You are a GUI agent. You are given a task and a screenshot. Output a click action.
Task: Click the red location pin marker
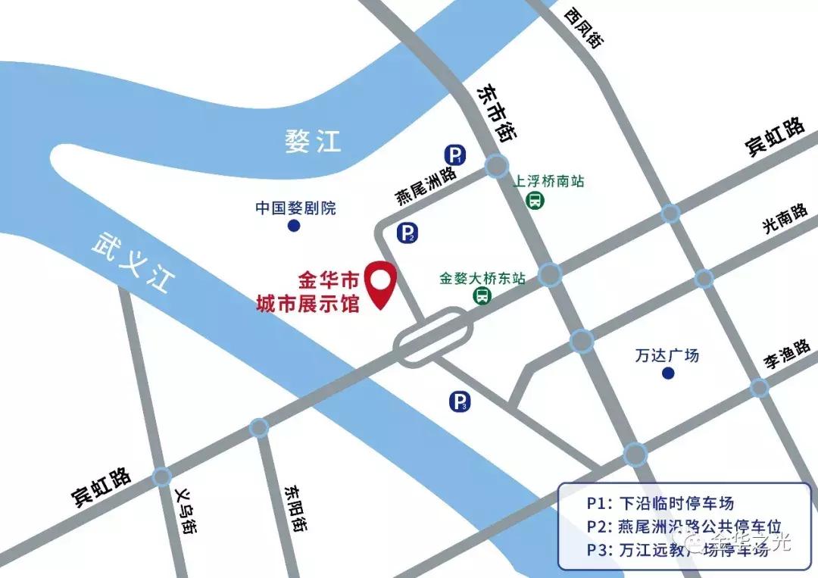[x=380, y=283]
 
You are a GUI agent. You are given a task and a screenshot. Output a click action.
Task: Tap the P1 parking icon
[x=454, y=156]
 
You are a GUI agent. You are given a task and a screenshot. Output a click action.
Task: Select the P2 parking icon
[x=407, y=233]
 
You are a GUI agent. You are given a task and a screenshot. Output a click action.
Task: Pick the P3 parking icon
[x=460, y=402]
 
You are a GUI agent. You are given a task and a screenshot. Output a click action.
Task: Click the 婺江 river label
[x=313, y=141]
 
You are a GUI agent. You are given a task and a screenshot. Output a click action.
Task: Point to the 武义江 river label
[x=133, y=262]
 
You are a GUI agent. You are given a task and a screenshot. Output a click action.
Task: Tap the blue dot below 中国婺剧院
[x=294, y=226]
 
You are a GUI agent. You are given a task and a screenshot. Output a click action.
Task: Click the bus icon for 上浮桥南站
[x=535, y=201]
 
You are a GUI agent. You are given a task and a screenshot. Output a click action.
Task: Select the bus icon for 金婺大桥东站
[x=481, y=296]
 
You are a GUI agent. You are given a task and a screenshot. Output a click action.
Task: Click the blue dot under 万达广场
[x=668, y=373]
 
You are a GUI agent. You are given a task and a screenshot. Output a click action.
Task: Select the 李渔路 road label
[x=788, y=353]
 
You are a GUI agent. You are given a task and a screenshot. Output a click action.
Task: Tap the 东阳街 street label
[x=295, y=508]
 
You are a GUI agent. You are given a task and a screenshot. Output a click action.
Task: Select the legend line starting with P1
[x=660, y=503]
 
